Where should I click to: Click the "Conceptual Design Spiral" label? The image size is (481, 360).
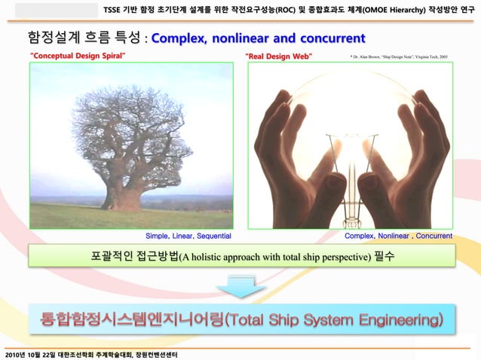78,56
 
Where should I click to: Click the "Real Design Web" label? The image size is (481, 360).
279,56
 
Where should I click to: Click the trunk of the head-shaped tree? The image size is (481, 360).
123,196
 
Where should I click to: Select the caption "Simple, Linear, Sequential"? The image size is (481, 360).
188,236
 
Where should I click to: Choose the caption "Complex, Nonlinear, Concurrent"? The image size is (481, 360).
398,236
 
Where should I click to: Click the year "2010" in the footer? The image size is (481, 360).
14,354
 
